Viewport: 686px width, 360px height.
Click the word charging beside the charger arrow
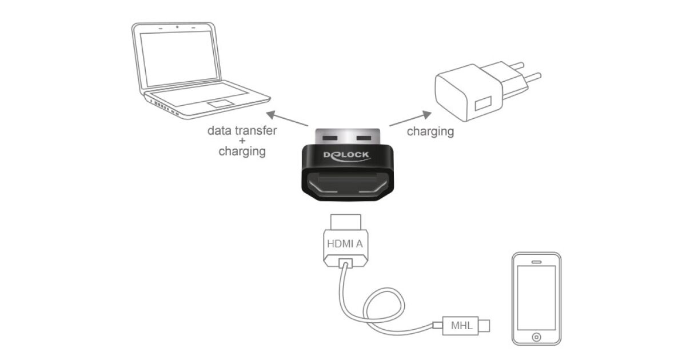tap(430, 132)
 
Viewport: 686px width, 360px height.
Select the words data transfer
tap(242, 131)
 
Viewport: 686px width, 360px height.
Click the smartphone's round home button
tap(536, 336)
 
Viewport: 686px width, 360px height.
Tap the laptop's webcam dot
tap(177, 27)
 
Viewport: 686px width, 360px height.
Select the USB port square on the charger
tap(480, 105)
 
